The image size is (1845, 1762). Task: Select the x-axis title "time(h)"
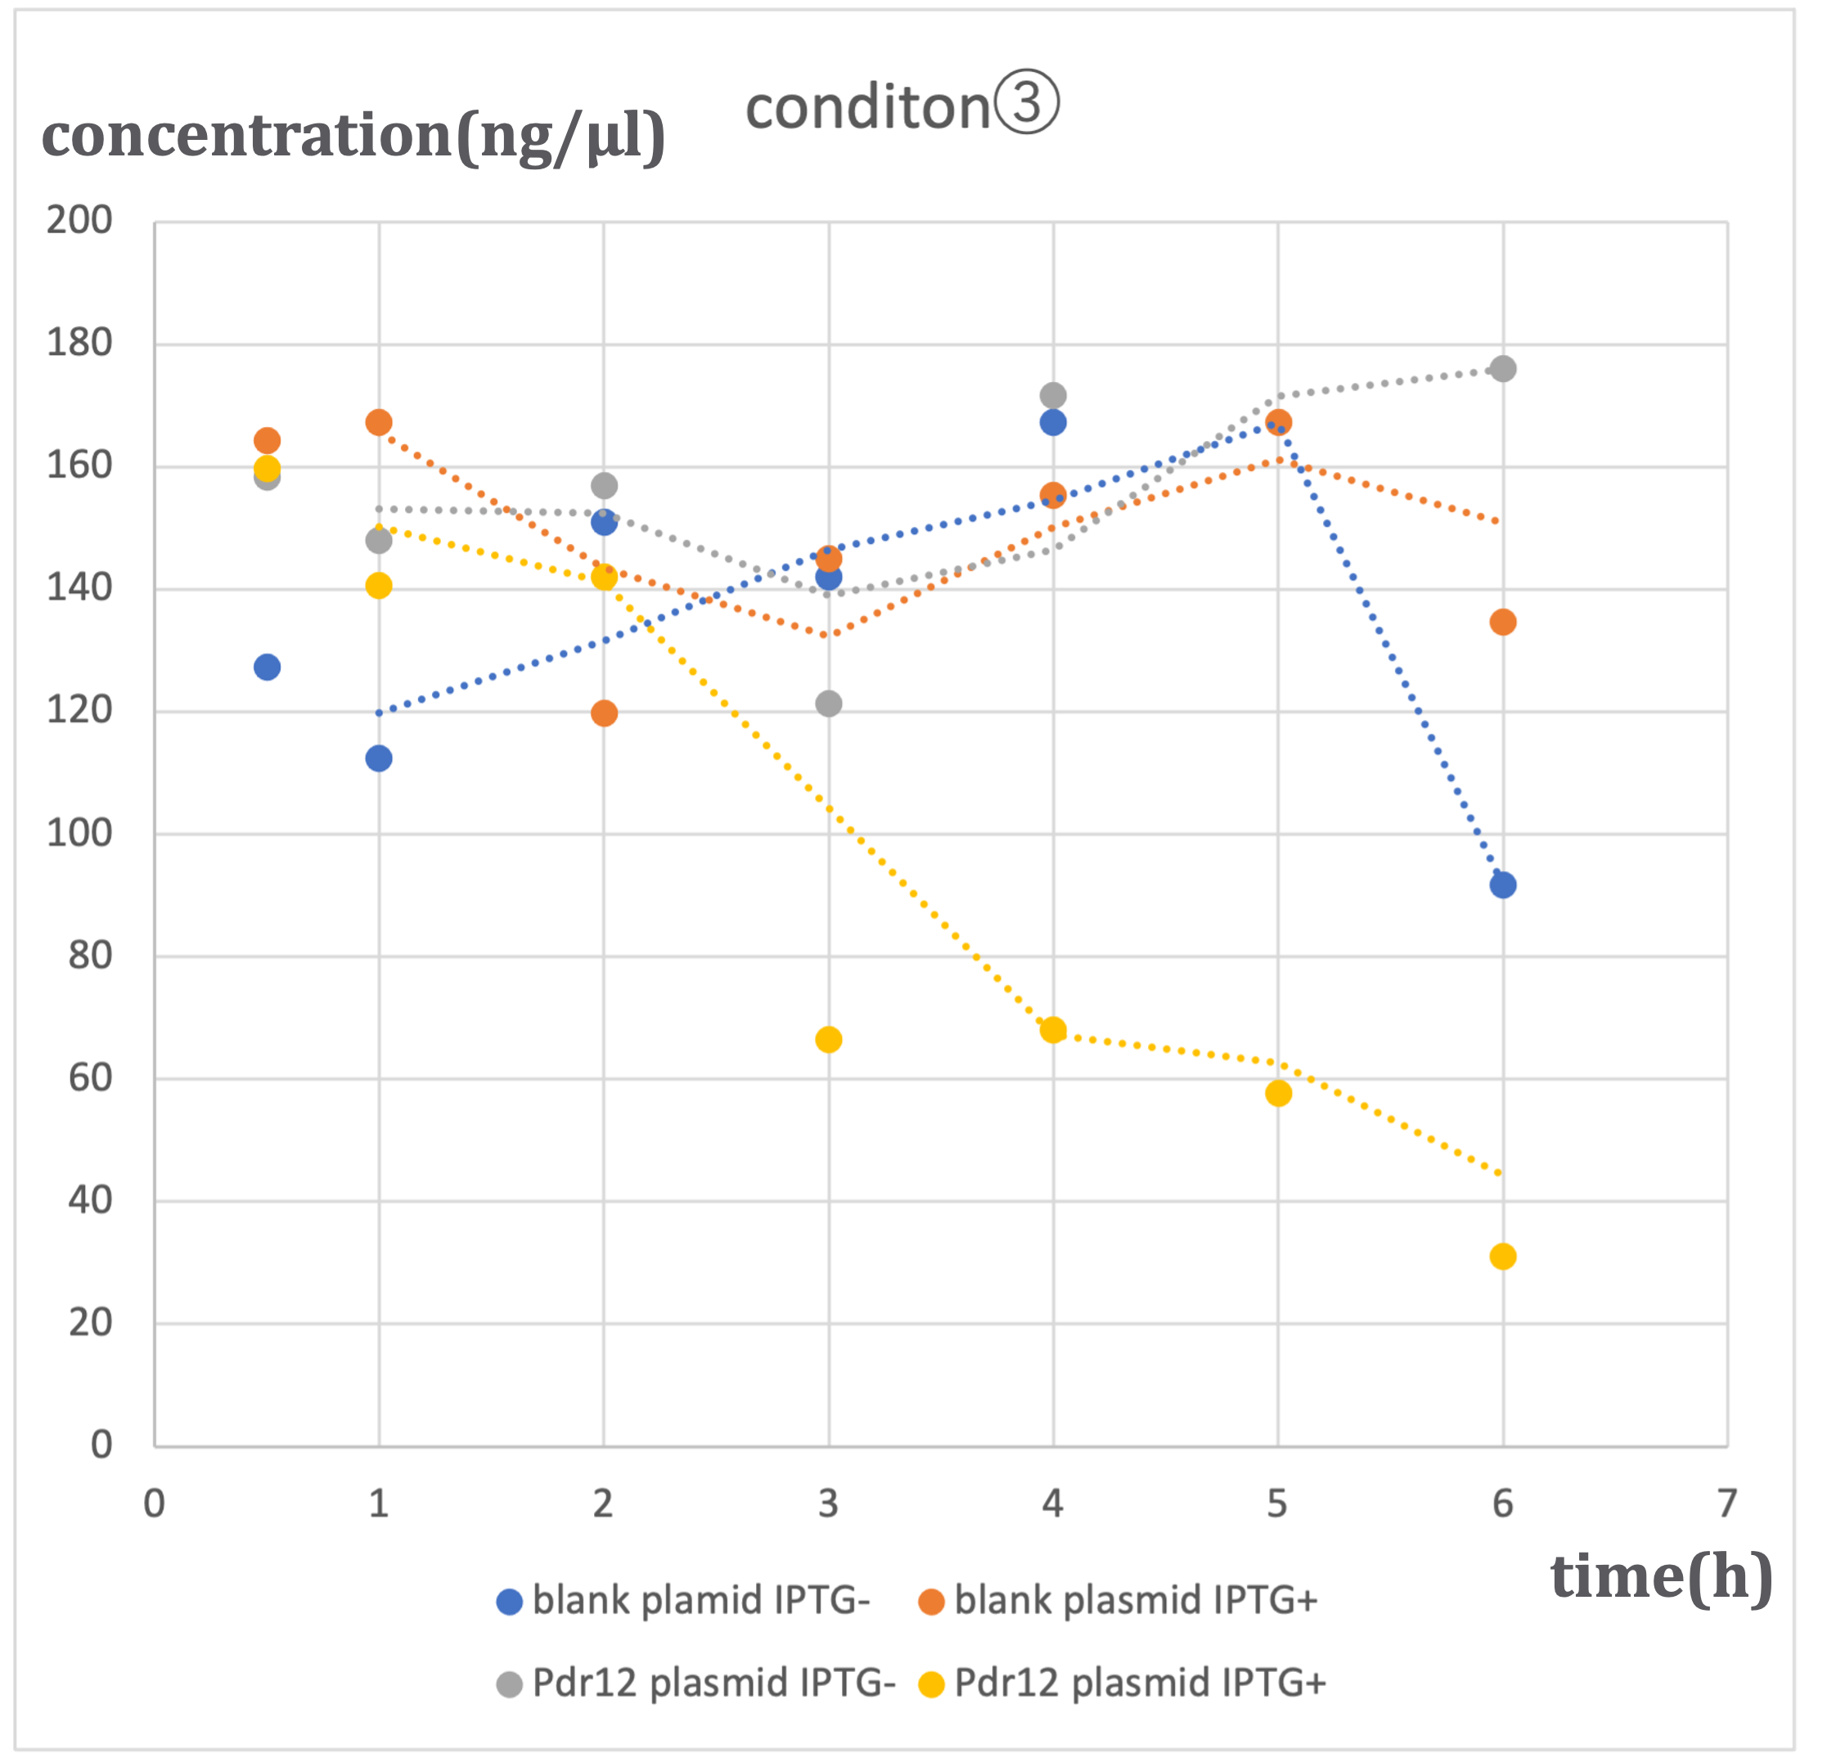[x=1661, y=1576]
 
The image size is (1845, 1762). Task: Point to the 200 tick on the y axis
[x=80, y=221]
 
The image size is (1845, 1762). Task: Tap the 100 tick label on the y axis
[x=80, y=833]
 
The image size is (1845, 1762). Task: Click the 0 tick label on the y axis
[x=101, y=1445]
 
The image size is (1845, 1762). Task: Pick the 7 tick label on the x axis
[x=1726, y=1504]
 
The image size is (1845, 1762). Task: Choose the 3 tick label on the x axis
[x=828, y=1504]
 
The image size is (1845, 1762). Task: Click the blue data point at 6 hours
[x=1502, y=885]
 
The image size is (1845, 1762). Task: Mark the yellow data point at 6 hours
[x=1502, y=1256]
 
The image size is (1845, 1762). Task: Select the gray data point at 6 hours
[x=1502, y=368]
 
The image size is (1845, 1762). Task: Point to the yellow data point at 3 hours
[x=828, y=1040]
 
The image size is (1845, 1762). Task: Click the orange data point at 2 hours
[x=604, y=712]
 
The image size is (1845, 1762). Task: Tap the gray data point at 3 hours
[x=828, y=703]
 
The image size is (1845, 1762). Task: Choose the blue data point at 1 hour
[x=379, y=758]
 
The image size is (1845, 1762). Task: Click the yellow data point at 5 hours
[x=1278, y=1093]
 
